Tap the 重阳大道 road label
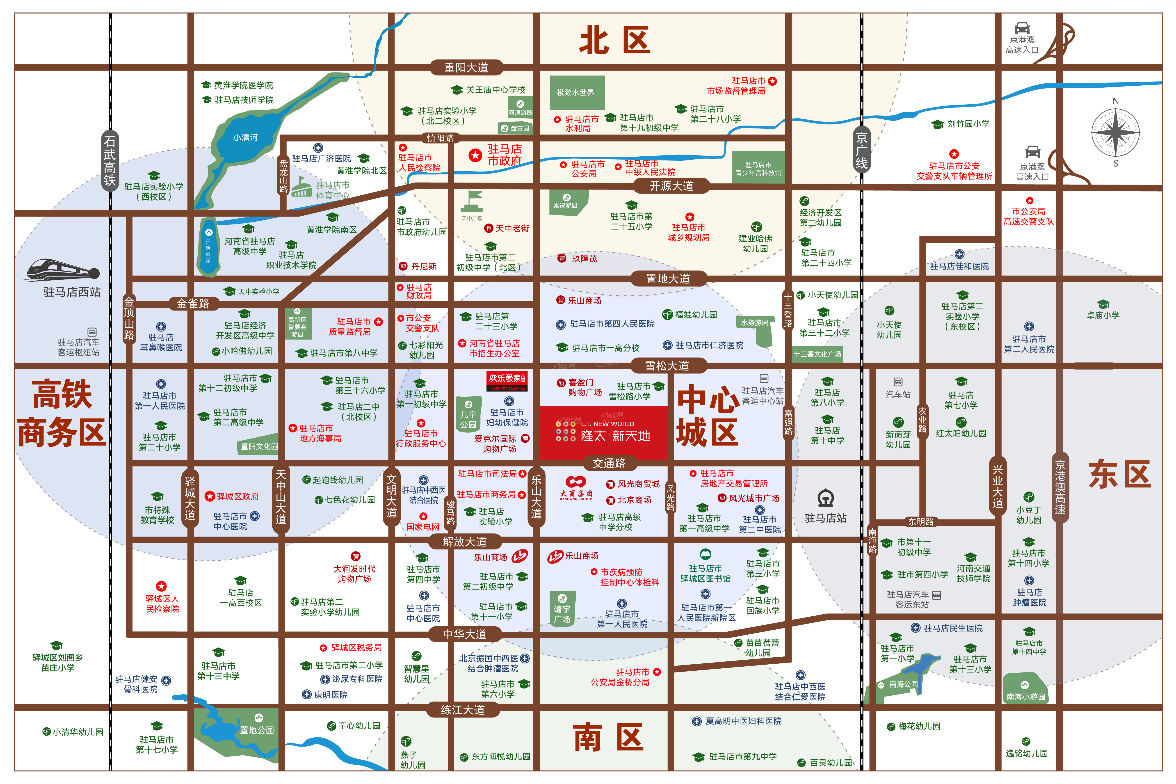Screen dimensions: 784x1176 tap(466, 68)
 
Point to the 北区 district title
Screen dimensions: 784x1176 tap(614, 41)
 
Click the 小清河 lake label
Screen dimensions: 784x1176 tap(246, 137)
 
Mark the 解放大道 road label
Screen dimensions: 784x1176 tap(464, 542)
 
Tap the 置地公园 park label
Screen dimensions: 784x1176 tap(256, 730)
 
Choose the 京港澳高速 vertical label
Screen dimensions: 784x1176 tap(1060, 487)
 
